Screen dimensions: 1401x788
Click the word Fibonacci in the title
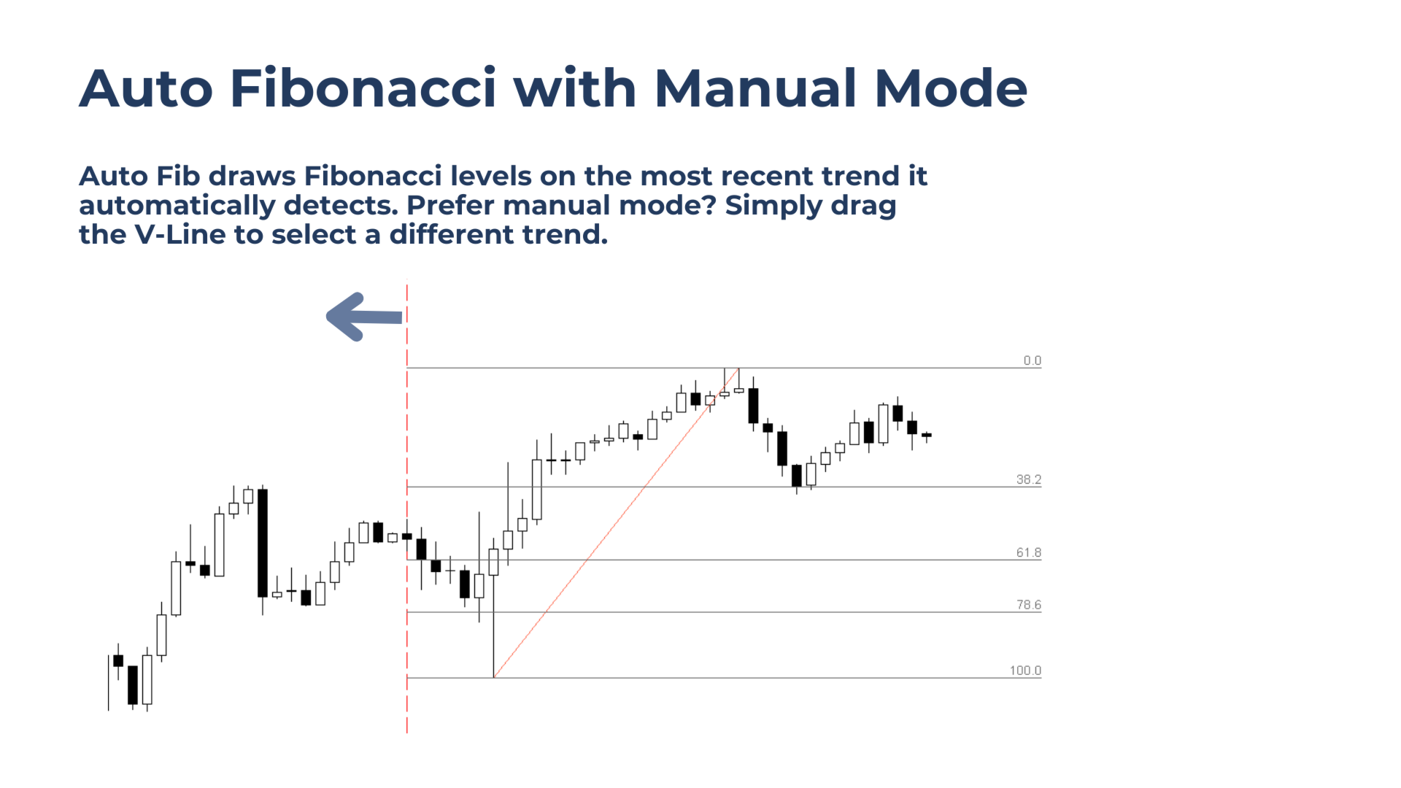363,88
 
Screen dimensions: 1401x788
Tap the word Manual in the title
755,88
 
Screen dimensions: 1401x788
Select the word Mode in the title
952,88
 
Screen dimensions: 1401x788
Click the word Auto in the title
146,88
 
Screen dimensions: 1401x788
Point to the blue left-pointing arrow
364,317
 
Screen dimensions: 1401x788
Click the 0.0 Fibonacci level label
1032,360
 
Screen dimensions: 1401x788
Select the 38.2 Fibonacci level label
1029,479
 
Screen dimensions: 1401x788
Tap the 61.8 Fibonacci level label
1029,552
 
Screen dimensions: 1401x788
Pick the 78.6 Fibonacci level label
1029,605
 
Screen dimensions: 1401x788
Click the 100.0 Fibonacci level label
1025,671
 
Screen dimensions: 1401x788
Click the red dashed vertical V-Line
407,509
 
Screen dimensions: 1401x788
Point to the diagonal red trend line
617,522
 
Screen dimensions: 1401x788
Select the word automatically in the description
177,206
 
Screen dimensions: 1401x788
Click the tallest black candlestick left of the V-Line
263,543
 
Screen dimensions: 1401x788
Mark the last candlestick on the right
927,436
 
